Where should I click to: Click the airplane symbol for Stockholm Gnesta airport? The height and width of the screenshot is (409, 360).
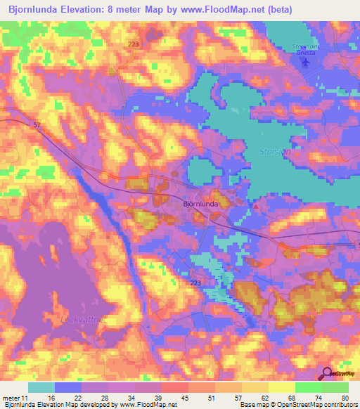coord(305,62)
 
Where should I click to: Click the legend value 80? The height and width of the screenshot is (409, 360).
coord(344,398)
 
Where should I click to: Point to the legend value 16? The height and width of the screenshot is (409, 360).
coord(51,398)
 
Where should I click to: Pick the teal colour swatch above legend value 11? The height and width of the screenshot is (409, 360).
coord(41,387)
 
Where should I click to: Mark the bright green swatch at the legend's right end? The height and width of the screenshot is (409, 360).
coord(335,387)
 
